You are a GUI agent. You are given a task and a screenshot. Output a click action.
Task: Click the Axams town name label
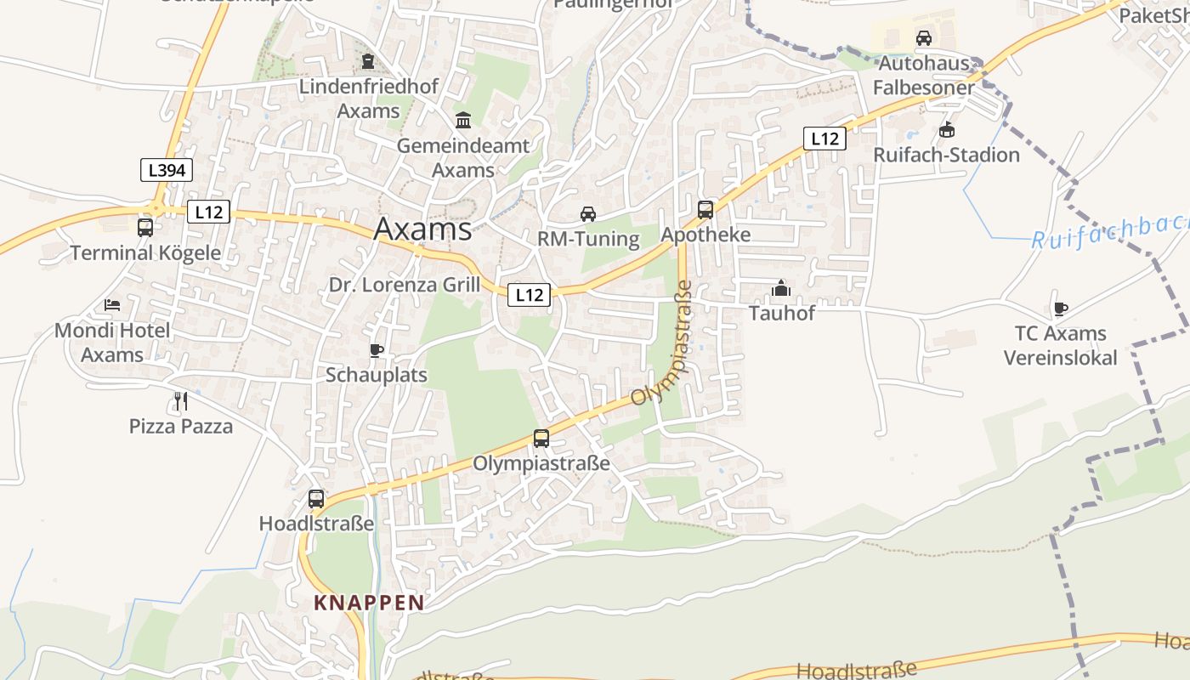422,229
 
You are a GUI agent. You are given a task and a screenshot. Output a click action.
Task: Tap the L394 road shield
167,170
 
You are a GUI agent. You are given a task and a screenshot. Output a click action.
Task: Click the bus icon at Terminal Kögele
145,227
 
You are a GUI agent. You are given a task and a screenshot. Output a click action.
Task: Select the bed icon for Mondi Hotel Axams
112,304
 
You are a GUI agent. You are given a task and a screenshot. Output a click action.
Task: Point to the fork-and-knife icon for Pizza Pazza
180,400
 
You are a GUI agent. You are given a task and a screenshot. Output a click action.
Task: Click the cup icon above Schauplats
377,349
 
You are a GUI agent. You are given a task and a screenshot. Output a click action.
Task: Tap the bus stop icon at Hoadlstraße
316,499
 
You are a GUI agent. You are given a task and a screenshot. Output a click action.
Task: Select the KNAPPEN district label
369,603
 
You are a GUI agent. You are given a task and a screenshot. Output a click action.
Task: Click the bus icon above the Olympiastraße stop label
541,439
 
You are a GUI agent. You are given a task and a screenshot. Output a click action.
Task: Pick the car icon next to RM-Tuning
588,213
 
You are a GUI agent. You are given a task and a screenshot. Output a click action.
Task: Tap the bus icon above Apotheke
705,209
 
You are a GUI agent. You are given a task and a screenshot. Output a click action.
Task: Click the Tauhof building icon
781,288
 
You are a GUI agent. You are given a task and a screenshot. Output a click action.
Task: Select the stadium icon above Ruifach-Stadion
947,129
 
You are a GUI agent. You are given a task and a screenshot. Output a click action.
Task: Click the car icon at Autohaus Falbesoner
924,37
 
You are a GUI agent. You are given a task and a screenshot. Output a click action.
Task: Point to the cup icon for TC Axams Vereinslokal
1060,309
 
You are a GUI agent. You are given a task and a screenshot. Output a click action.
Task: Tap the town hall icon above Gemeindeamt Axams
463,120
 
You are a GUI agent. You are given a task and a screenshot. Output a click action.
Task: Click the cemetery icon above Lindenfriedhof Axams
368,61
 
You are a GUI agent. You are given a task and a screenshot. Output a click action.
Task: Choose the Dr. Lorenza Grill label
405,285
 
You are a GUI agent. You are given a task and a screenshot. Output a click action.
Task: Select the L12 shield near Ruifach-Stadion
824,139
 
